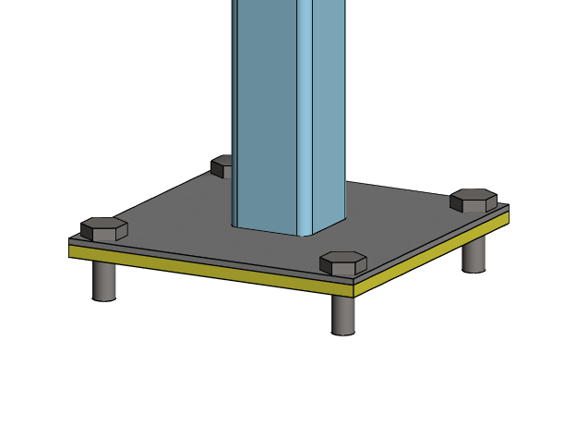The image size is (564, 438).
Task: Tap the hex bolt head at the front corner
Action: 343,262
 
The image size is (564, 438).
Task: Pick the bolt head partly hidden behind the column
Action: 222,165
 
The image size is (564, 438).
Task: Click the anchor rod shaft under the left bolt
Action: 104,279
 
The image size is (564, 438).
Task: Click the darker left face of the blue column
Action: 268,111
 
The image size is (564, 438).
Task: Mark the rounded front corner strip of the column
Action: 306,111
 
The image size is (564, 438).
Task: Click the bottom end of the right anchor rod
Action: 474,269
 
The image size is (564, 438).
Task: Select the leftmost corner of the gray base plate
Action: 70,241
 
